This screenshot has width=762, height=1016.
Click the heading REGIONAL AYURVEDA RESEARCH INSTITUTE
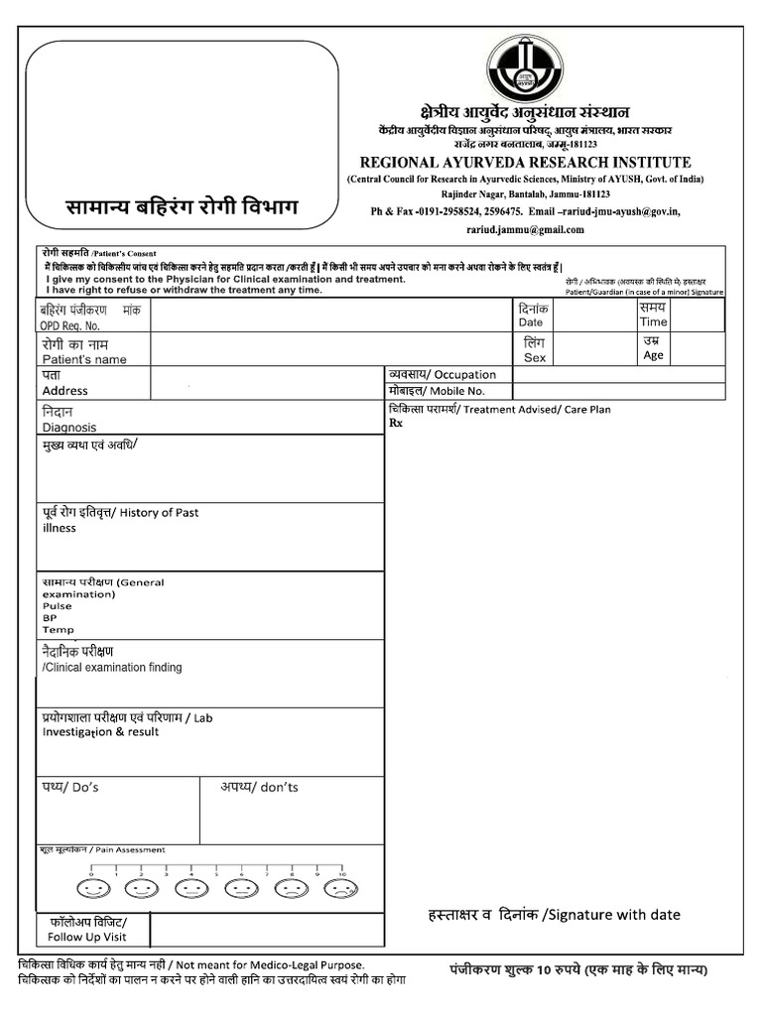pos(525,163)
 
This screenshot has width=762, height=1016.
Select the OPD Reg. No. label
pos(69,325)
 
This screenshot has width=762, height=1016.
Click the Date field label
pos(531,322)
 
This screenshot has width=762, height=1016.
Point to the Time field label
pos(653,321)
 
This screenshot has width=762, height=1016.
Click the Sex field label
pos(534,357)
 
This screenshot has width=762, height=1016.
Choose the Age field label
pos(653,355)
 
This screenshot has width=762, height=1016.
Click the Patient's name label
pos(83,359)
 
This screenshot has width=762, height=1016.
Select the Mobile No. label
pos(456,391)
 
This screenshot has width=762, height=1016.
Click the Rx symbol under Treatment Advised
pos(396,423)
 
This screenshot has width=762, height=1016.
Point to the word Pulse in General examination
pos(57,605)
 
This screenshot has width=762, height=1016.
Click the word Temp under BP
pos(57,629)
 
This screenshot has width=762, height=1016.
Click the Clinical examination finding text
pos(111,668)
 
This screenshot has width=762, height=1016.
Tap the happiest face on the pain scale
pos(95,886)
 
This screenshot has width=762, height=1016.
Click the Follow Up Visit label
pos(87,936)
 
